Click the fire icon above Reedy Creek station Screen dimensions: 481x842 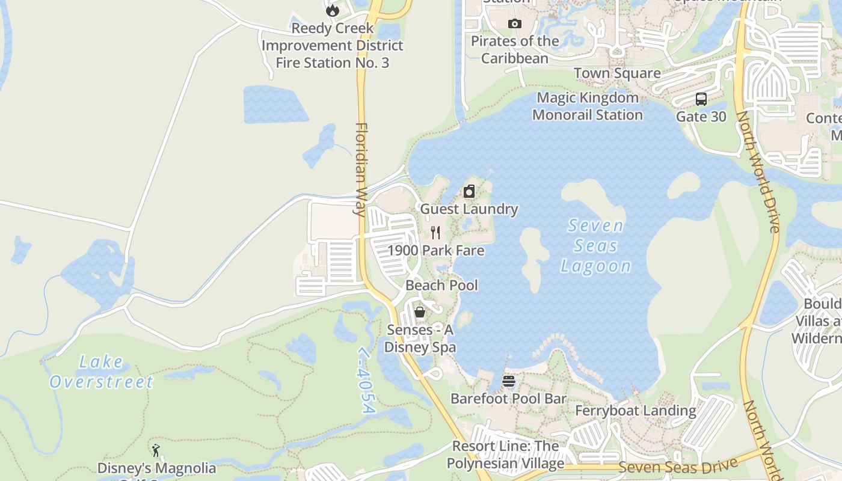coord(332,10)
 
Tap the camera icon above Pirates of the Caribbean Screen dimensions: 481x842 coord(515,24)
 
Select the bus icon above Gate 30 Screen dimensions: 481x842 coord(701,99)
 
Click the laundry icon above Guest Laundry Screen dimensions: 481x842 coord(469,192)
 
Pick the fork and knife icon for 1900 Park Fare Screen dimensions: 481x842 coord(436,233)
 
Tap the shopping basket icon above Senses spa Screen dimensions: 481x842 coord(420,312)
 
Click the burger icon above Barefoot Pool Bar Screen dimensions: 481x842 coord(509,381)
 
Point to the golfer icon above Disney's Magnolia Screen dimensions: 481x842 coord(156,450)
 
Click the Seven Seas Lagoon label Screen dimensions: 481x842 coord(595,246)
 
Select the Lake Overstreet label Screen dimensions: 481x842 coord(101,372)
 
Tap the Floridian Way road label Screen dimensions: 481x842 coord(361,169)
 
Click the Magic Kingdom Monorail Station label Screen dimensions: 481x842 coord(587,106)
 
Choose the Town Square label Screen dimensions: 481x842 coord(617,73)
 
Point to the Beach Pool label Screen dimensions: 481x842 coord(441,285)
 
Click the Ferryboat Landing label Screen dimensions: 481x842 coord(636,411)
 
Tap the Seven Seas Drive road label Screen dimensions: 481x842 coord(678,466)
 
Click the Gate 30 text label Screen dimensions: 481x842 coord(701,117)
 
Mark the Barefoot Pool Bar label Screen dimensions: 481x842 coord(508,399)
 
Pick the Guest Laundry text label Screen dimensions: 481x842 coord(469,209)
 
